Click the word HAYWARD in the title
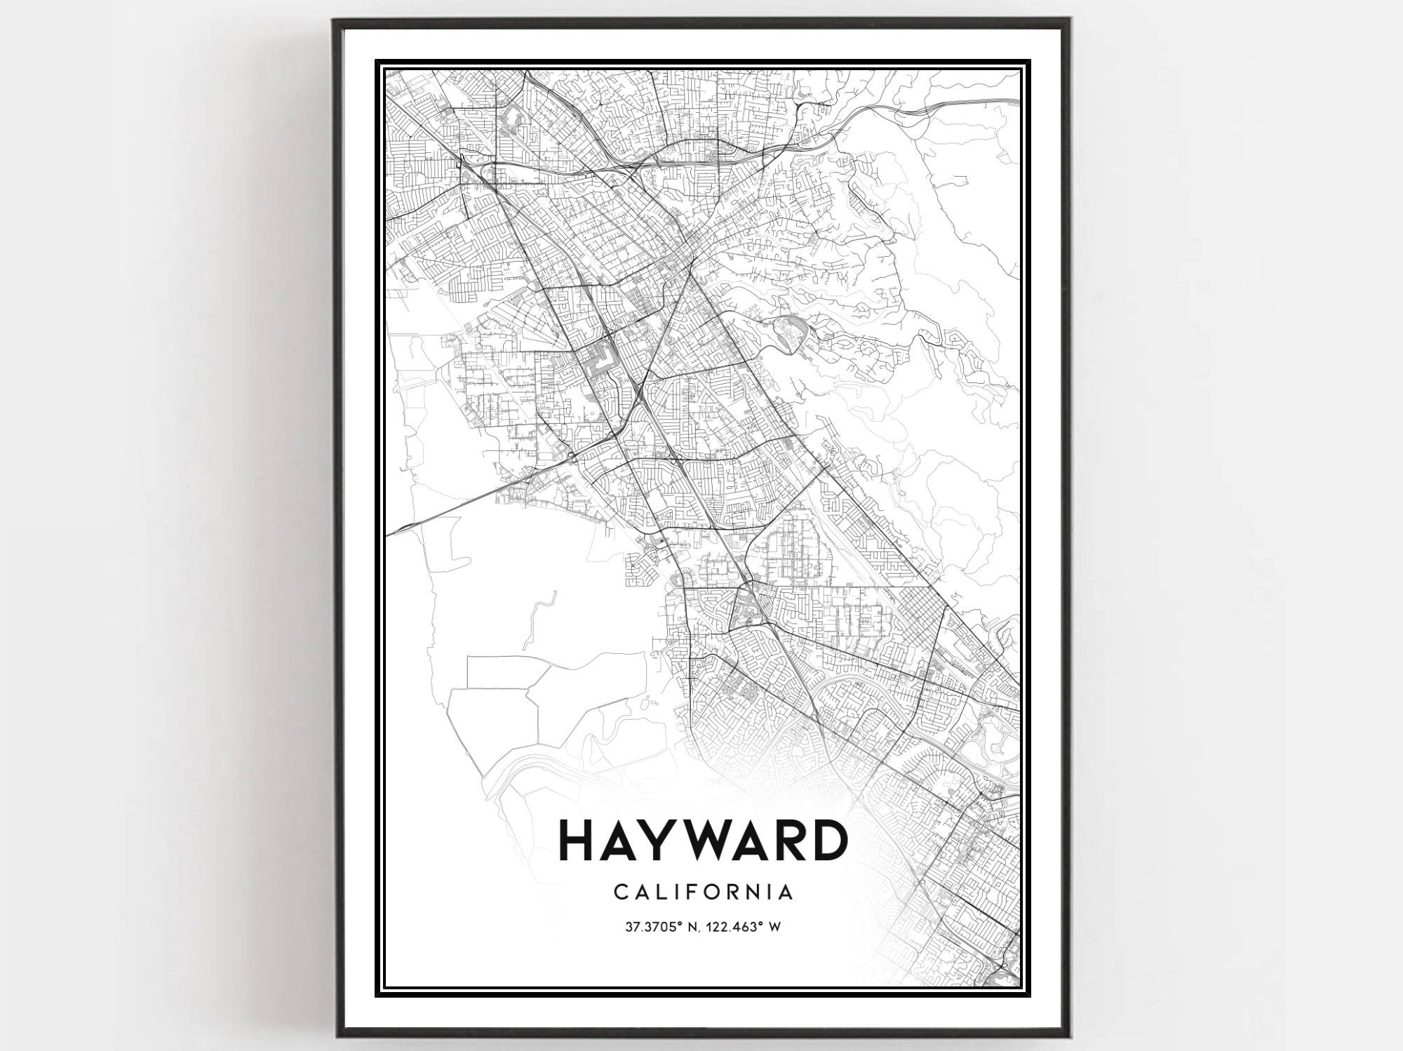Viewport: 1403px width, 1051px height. pos(702,841)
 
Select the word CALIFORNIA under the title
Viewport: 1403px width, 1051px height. pos(704,892)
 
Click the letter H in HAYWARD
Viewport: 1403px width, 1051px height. pos(577,841)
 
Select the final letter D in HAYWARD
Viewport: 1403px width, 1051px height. pos(826,841)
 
